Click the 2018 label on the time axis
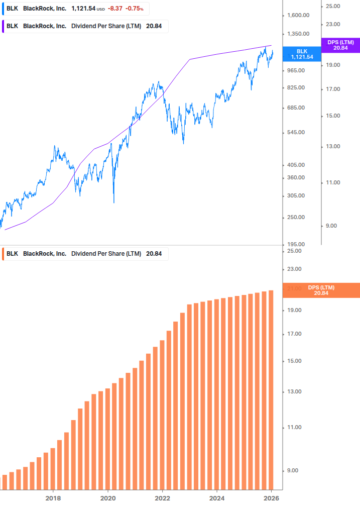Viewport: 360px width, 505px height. coord(53,498)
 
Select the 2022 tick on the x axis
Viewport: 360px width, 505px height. coord(162,498)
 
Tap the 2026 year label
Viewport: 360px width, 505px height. coord(271,498)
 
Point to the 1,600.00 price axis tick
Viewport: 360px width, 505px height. coord(297,15)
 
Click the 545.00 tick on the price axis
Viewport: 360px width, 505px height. coord(296,132)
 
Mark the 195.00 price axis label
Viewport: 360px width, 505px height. coord(296,244)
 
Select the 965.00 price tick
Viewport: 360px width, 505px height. coord(296,70)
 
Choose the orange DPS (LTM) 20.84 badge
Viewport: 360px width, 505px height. coord(321,290)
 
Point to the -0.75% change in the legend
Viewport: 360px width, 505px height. coord(135,9)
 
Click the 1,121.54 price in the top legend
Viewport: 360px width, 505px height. coord(83,9)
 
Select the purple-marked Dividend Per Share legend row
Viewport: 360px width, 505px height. coord(84,26)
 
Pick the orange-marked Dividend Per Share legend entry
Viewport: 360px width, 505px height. coord(84,254)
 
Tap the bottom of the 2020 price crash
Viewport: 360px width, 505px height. coord(114,203)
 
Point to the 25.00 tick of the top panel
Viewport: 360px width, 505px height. coord(333,6)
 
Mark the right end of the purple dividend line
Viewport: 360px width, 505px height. coord(272,45)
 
